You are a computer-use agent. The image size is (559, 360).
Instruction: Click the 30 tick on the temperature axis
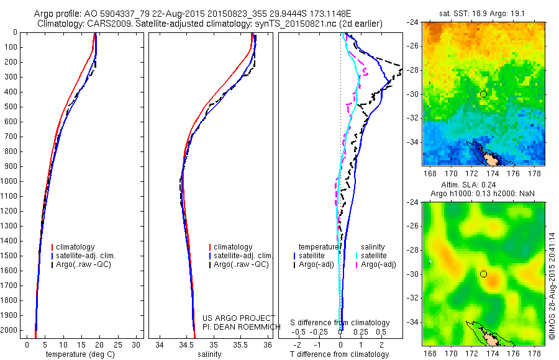(x=136, y=345)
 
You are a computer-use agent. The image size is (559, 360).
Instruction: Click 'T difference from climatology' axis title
(x=339, y=354)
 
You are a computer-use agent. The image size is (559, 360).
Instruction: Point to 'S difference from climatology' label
(x=340, y=323)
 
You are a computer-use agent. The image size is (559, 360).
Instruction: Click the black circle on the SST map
(x=483, y=94)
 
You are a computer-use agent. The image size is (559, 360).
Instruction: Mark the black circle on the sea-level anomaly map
(x=483, y=274)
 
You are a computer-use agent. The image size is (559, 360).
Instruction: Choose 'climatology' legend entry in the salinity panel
(x=232, y=247)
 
